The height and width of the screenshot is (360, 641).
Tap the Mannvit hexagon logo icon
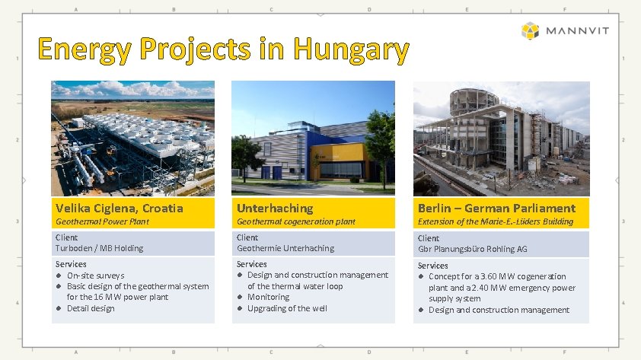pos(530,31)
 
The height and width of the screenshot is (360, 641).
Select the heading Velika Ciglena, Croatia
pos(119,208)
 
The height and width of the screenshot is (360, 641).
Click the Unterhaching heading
pos(275,208)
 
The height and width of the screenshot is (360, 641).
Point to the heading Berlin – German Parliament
pos(496,208)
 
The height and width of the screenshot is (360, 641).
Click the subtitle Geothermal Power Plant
pos(102,221)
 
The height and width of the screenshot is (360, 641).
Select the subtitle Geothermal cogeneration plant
pos(295,221)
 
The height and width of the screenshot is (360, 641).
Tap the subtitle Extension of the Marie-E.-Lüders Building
pos(495,221)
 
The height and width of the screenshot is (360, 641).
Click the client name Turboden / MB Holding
pos(99,248)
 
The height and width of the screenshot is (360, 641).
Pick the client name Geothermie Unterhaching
pos(285,248)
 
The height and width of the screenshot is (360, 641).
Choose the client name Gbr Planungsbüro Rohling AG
pos(473,249)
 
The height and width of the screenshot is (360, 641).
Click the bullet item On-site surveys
pos(95,276)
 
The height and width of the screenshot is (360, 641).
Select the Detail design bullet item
pos(91,308)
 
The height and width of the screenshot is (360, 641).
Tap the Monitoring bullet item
pos(268,297)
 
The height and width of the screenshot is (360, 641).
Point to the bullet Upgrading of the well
pos(288,308)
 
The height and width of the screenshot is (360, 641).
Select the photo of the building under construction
pos(501,138)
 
